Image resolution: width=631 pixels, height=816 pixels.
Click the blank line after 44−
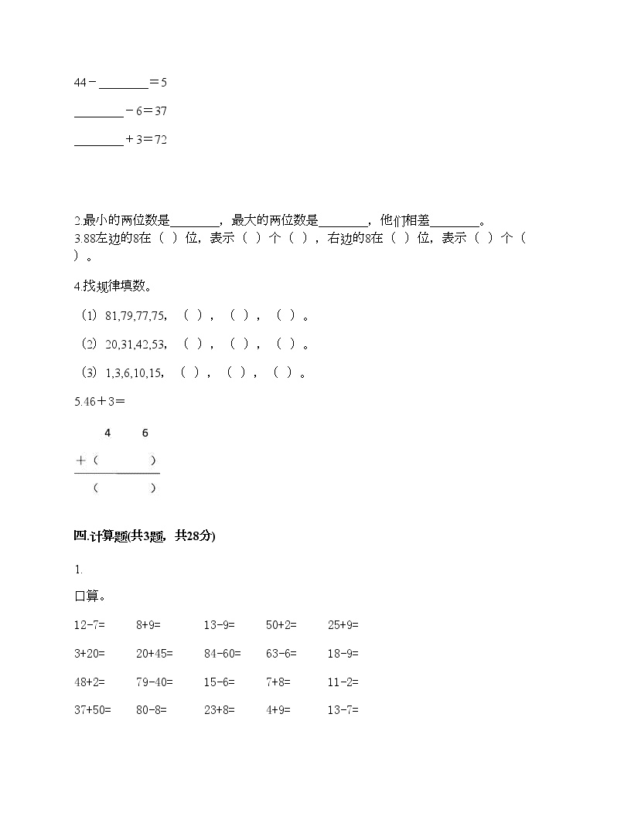coord(123,83)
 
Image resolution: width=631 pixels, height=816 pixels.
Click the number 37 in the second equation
coord(161,111)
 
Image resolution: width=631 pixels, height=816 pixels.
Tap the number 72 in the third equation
coord(161,140)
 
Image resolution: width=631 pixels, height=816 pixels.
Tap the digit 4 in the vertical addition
coord(107,433)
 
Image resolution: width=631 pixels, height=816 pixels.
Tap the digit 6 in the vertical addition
coord(145,433)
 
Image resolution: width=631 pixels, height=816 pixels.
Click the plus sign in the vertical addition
coord(80,461)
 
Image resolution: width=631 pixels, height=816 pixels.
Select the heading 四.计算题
coord(145,536)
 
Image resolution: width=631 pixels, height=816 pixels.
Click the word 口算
coord(89,597)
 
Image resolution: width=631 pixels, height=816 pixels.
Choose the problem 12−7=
coord(90,625)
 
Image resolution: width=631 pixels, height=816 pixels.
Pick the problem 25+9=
coord(343,625)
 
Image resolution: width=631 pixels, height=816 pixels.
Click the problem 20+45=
coord(155,654)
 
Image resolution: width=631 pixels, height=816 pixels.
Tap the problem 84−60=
coord(223,654)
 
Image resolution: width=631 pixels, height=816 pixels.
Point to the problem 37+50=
coord(93,710)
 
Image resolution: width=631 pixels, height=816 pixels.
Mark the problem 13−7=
coord(343,710)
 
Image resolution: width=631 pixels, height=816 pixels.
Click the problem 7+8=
coord(278,682)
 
